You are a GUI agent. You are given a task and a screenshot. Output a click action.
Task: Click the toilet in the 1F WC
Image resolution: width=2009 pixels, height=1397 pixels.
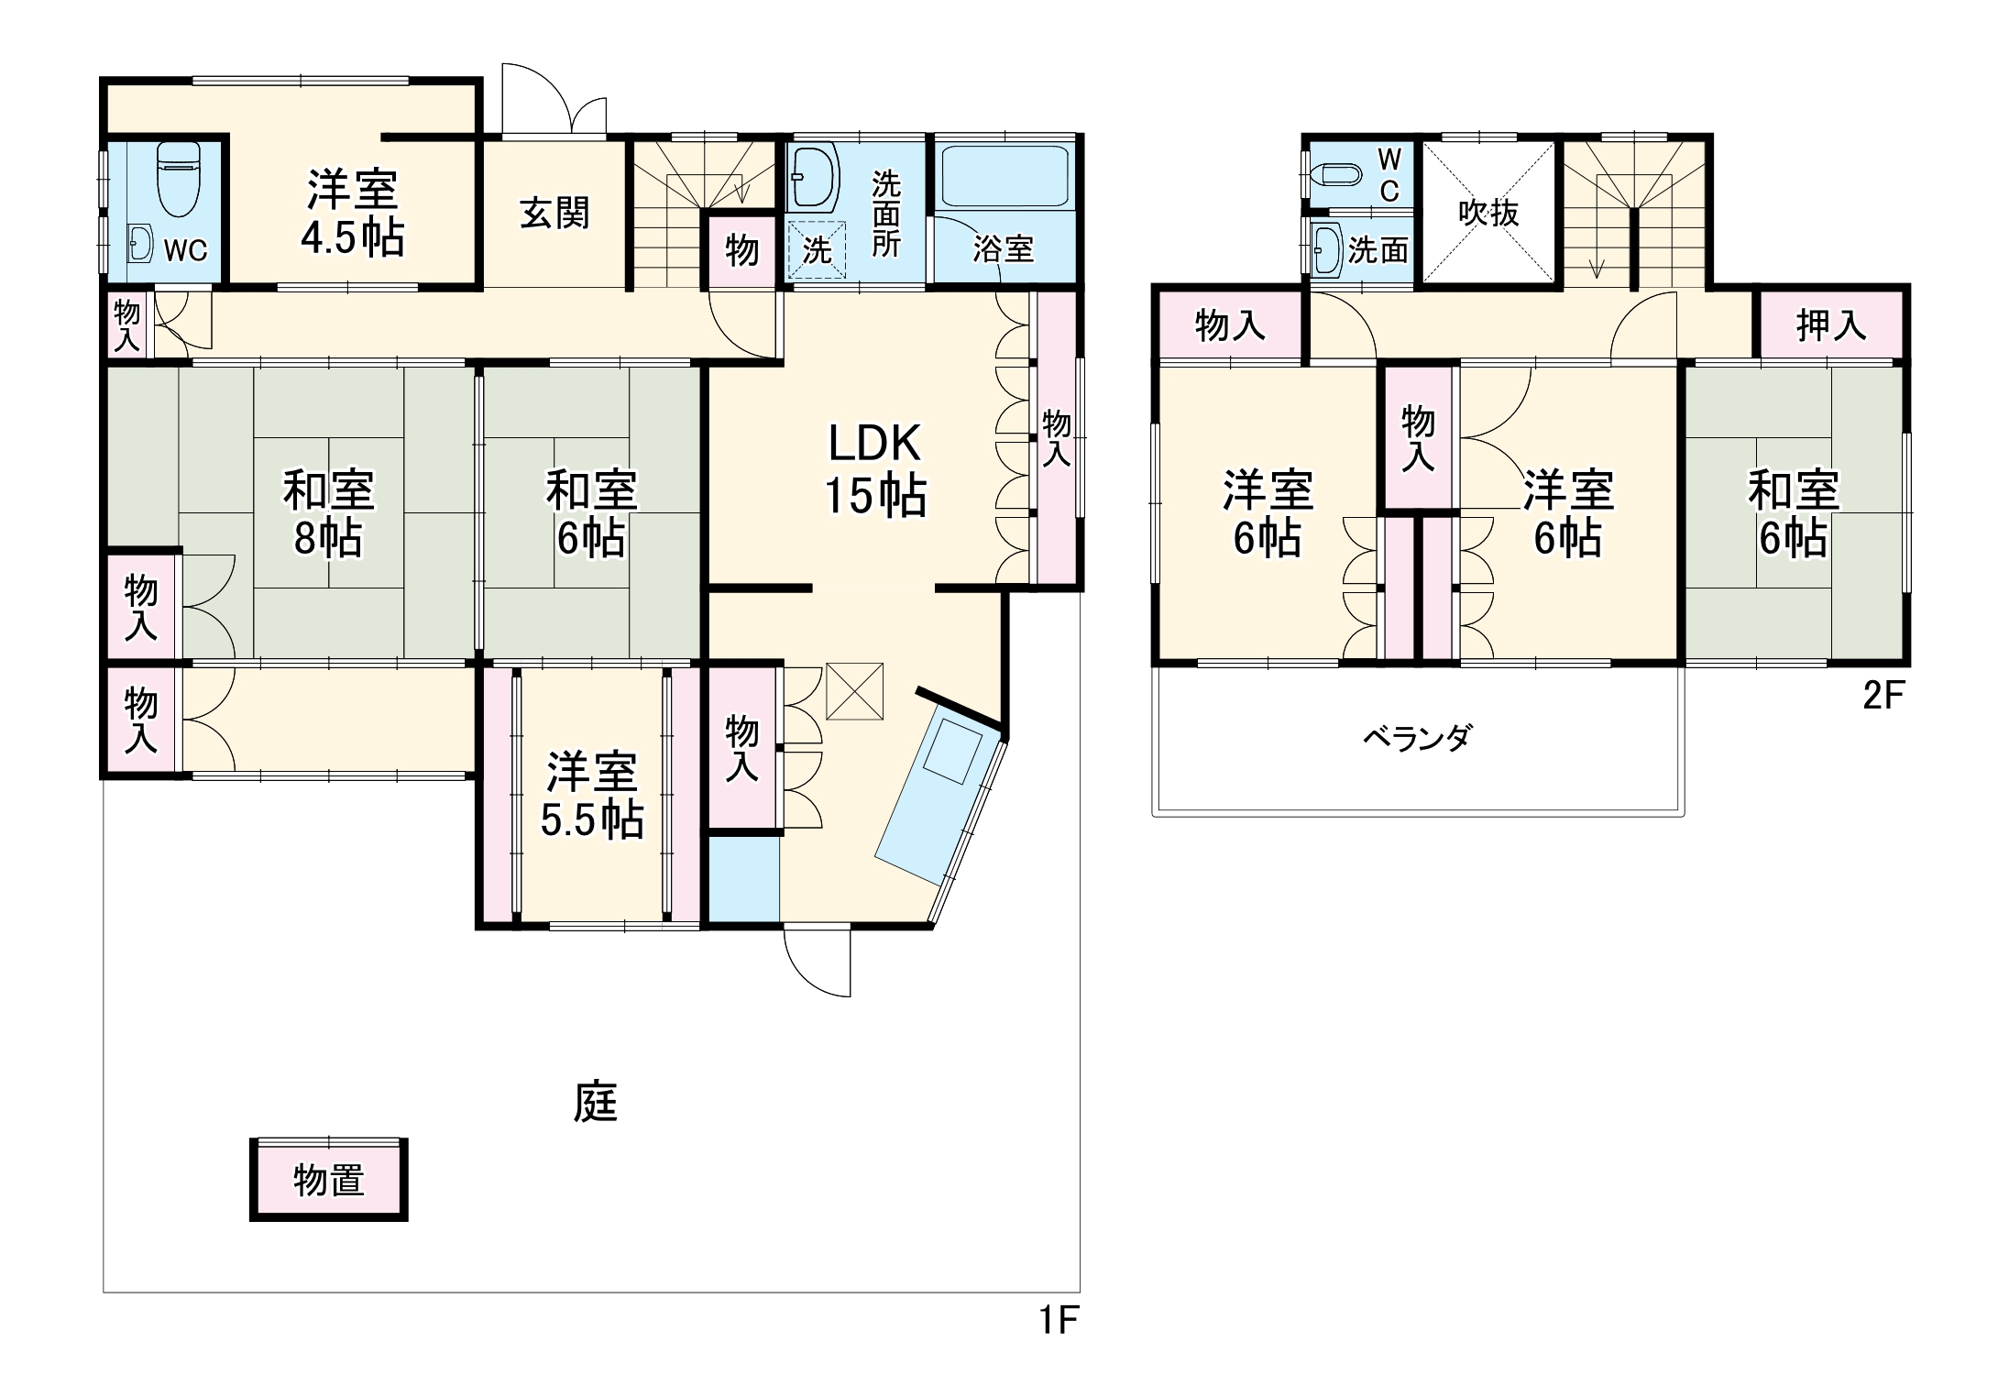178,179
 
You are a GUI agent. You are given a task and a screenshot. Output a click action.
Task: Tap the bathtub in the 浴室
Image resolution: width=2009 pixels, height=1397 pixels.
1005,175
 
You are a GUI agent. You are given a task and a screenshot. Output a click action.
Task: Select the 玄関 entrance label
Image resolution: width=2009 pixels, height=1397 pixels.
554,213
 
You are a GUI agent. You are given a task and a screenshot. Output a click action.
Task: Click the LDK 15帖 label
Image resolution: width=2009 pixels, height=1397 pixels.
874,469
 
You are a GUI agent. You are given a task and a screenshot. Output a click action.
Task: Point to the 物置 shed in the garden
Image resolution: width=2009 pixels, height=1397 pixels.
328,1180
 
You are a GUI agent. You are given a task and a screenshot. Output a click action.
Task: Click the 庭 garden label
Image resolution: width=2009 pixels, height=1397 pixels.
595,1103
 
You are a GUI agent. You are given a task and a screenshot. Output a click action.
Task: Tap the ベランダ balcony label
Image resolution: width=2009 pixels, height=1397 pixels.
1417,738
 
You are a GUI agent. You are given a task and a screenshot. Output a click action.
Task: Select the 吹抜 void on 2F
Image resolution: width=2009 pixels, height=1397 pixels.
1488,214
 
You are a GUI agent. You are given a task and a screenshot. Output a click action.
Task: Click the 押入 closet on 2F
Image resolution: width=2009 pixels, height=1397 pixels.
1829,324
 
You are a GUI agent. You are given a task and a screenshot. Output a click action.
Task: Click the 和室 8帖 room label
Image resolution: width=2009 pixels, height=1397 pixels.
328,513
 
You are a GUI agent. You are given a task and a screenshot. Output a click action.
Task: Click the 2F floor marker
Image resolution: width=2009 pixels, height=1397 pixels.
1883,697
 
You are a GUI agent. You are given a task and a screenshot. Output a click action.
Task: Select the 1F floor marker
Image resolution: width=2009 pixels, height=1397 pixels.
1058,1321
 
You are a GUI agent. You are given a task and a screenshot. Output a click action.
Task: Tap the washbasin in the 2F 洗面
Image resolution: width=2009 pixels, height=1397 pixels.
1325,249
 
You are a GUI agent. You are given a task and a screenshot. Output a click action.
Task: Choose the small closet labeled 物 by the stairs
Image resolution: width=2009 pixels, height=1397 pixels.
741,249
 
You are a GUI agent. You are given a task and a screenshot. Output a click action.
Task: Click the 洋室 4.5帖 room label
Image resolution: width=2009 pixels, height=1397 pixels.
352,213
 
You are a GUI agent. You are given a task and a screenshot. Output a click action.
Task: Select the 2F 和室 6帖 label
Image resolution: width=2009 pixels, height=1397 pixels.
1793,513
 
